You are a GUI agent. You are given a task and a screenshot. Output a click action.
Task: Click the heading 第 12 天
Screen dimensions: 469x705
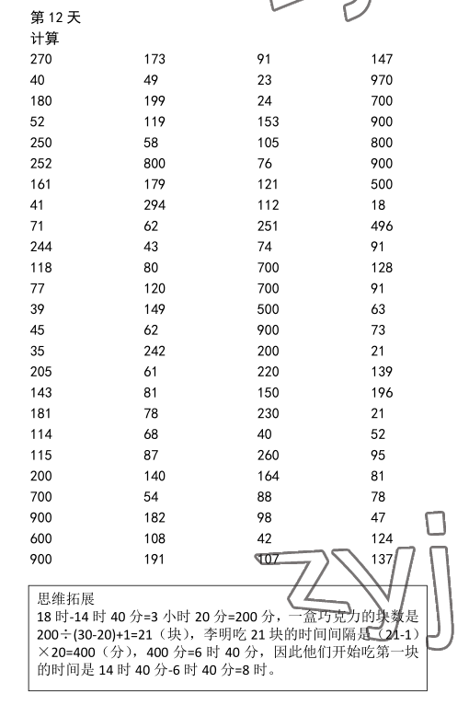(55, 17)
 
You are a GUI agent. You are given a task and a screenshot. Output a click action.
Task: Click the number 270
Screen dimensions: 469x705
(41, 59)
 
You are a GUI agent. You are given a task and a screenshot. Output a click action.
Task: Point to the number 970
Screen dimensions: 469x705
(382, 80)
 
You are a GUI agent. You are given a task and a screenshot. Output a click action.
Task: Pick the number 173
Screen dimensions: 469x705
(154, 59)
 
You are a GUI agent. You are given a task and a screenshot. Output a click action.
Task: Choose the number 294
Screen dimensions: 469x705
(154, 205)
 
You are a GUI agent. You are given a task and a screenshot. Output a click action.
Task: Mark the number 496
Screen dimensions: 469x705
(382, 226)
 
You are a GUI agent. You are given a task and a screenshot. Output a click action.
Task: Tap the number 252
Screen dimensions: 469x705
(41, 164)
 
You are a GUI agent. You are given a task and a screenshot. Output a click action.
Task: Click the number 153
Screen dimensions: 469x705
(268, 121)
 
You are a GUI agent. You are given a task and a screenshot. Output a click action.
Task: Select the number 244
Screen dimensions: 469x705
(41, 247)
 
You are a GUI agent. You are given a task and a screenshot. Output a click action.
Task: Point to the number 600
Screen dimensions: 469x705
(41, 538)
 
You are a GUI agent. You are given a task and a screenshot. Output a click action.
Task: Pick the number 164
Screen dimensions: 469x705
(268, 476)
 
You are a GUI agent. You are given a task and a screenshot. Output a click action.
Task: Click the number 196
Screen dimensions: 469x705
(382, 393)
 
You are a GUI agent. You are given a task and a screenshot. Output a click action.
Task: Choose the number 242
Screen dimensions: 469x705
(154, 351)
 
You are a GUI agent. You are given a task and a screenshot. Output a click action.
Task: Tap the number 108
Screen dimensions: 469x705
(154, 538)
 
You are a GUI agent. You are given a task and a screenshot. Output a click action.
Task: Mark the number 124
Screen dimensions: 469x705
(382, 538)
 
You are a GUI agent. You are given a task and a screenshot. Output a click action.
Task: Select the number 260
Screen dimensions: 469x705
(268, 456)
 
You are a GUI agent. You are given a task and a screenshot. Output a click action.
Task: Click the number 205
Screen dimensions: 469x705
(41, 372)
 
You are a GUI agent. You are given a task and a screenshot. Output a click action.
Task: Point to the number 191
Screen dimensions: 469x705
(154, 560)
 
